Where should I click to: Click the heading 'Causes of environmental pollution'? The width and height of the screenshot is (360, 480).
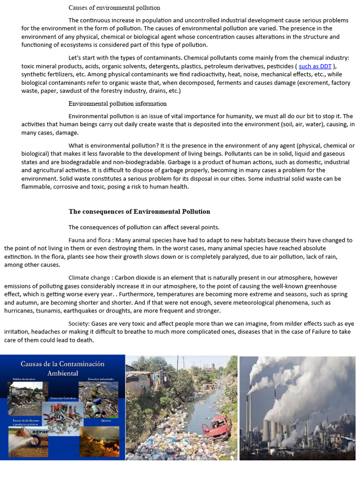coord(114,7)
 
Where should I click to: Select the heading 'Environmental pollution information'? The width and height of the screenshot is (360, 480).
coord(117,104)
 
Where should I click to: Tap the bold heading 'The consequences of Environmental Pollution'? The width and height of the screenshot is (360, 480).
coord(139,211)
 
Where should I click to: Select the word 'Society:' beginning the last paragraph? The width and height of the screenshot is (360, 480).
coord(79,324)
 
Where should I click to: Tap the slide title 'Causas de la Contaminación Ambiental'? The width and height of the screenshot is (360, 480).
coord(62,368)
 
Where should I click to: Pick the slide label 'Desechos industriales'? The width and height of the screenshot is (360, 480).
coord(100,378)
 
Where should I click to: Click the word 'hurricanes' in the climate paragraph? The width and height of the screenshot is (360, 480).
coord(20,311)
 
